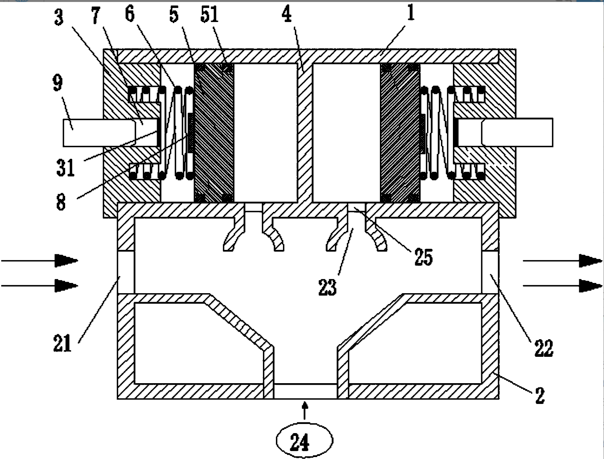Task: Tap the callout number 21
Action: click(62, 343)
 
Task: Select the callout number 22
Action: click(544, 347)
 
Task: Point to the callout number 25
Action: click(423, 257)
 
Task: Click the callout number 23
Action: click(327, 287)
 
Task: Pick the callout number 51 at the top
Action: click(209, 15)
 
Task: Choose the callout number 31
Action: click(65, 167)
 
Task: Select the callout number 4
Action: click(287, 15)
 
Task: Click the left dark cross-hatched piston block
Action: click(214, 133)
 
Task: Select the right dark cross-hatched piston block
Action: click(400, 133)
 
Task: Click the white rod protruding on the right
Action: click(518, 132)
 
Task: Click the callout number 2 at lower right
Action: click(540, 395)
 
